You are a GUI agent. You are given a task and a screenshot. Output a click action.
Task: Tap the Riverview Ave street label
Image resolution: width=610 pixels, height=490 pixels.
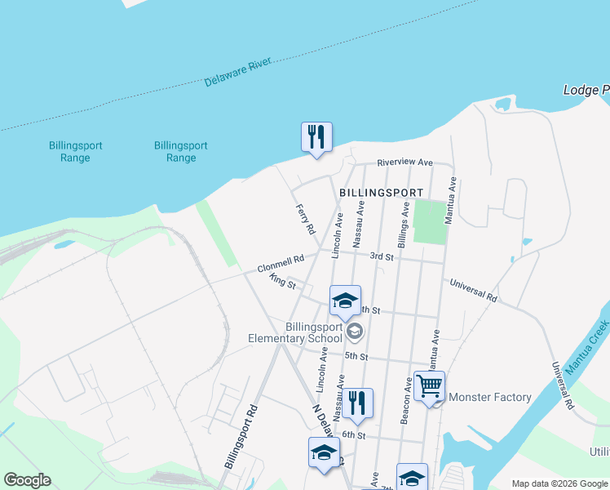click(404, 163)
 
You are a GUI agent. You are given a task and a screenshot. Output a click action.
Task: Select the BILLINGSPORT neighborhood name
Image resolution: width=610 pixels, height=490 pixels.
click(381, 193)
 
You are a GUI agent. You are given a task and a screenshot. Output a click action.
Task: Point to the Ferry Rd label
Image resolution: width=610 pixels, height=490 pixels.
click(305, 220)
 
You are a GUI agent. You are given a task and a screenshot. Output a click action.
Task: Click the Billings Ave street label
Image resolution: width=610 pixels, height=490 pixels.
click(403, 225)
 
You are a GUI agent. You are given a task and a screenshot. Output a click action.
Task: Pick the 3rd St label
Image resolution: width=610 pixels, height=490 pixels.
click(382, 256)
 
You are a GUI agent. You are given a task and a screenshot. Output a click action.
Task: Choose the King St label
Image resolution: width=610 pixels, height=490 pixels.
click(281, 282)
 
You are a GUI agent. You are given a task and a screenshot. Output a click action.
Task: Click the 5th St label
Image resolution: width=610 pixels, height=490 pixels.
click(356, 356)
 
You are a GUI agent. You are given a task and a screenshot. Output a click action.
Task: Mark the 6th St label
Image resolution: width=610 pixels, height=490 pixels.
click(354, 434)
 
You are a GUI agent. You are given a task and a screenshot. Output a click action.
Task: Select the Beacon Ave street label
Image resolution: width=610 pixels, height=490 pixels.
click(405, 400)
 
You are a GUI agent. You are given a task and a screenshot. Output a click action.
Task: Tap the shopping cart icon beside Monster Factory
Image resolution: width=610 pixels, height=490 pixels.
click(429, 385)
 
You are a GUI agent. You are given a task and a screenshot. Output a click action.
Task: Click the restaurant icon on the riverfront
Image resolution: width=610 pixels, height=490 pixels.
click(316, 136)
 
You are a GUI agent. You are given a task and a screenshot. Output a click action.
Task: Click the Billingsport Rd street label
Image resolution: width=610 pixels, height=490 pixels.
click(242, 437)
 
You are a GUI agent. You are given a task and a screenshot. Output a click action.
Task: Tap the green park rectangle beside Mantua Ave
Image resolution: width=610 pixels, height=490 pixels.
click(430, 221)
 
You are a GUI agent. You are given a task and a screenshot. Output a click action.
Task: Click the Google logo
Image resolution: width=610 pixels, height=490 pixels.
click(27, 480)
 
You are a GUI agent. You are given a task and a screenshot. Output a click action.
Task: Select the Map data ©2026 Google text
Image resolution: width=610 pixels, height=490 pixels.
click(559, 483)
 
